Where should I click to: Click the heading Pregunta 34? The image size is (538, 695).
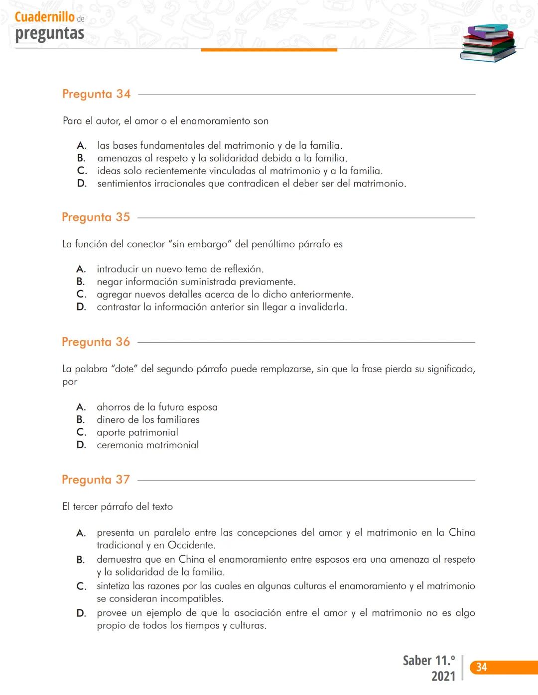96,94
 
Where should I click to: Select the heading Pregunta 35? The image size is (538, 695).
96,217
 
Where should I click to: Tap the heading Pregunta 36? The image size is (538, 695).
96,342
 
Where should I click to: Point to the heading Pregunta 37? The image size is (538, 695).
96,480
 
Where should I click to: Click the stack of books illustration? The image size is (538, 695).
488,43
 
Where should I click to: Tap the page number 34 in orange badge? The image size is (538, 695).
482,667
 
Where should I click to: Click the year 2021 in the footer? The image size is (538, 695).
443,677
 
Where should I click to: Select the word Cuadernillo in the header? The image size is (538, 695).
45,17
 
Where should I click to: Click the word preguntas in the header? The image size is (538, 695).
50,33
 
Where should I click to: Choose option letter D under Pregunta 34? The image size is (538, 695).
82,184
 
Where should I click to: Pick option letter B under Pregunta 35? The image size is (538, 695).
81,282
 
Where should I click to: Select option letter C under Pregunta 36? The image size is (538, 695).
81,432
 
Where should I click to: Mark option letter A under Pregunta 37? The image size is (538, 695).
81,533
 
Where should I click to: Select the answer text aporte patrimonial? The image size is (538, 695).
137,432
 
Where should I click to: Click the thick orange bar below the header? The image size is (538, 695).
269,50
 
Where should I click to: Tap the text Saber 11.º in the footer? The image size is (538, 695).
429,661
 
